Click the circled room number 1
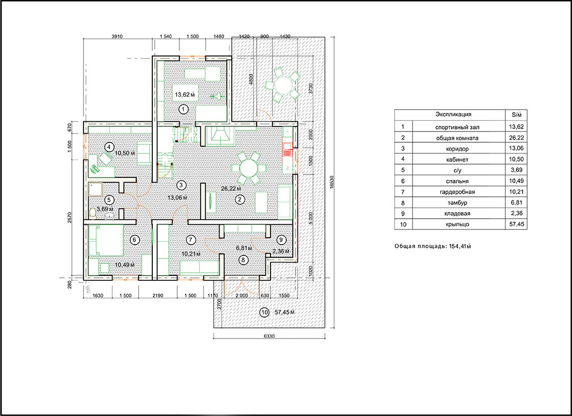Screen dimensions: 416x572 click(x=183, y=109)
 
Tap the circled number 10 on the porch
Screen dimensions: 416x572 click(x=264, y=313)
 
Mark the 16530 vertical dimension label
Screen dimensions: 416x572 click(x=332, y=183)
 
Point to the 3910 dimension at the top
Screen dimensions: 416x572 click(x=118, y=37)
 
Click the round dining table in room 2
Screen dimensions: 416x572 click(x=249, y=168)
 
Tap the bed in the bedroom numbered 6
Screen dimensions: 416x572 click(x=106, y=240)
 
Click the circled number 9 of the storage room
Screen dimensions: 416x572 click(x=280, y=239)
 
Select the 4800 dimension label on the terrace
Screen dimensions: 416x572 click(x=251, y=79)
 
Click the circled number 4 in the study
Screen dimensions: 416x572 click(x=108, y=147)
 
